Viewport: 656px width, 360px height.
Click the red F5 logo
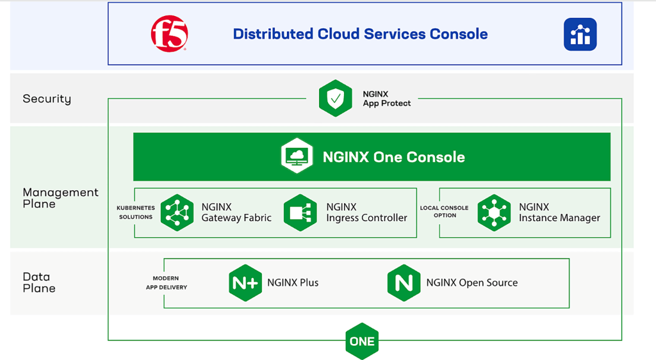pos(169,34)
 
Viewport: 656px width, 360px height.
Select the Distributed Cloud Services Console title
pos(360,34)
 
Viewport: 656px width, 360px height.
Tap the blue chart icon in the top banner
pos(580,34)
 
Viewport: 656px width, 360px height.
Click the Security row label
pos(47,99)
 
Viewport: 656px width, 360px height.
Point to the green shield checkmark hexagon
pos(336,99)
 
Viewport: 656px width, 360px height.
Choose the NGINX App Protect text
pos(386,99)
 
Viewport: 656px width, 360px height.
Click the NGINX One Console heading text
pos(393,157)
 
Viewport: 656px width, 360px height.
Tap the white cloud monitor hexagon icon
pos(297,156)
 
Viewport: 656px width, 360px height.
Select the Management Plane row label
pos(60,198)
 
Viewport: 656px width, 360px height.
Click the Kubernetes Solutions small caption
pos(135,212)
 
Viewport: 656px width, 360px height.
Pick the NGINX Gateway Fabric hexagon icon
pos(177,213)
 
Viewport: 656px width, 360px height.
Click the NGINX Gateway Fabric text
pos(236,213)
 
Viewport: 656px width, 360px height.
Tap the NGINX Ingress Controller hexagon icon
pos(300,213)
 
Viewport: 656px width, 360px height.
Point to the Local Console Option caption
pos(444,212)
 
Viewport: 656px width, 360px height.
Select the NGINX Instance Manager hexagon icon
pos(494,213)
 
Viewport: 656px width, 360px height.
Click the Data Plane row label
pos(39,282)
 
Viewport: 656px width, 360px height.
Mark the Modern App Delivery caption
pos(166,283)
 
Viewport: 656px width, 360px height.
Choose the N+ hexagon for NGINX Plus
pos(245,282)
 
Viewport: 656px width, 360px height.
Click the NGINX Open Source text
pos(471,282)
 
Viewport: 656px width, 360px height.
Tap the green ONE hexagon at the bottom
pos(362,341)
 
